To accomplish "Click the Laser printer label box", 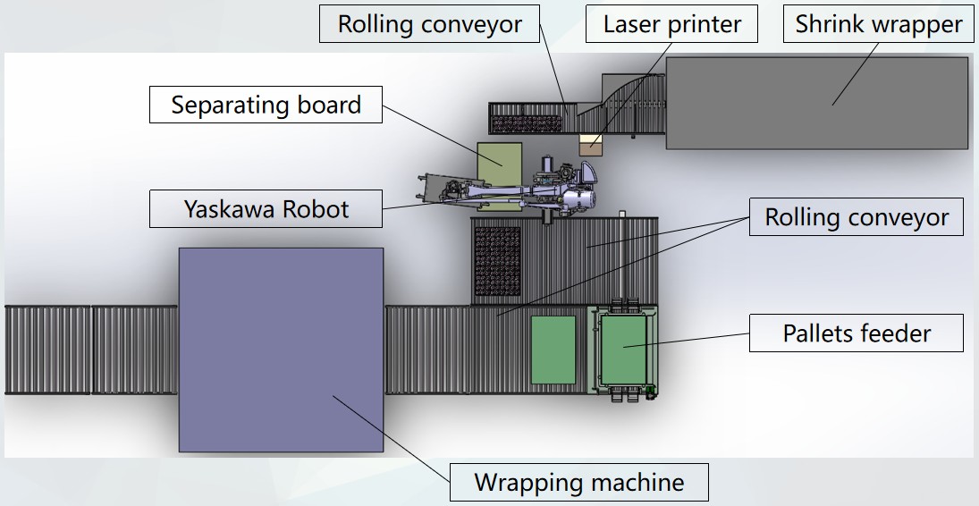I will click(x=672, y=24).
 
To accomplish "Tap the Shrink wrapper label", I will click(x=879, y=24).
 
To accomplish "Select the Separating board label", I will click(x=266, y=105).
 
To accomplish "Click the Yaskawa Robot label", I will click(x=266, y=209).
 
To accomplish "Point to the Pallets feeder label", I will click(x=857, y=333).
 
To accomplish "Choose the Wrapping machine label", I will click(x=578, y=483).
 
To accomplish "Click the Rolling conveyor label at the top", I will click(x=429, y=24).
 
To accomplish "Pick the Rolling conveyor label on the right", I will click(x=857, y=217).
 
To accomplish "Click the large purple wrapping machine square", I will click(x=281, y=349).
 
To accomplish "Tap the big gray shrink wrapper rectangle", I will click(x=816, y=103).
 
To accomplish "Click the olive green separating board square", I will click(x=499, y=165).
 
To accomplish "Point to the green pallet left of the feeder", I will click(x=553, y=350).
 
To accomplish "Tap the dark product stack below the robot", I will click(x=497, y=261).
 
